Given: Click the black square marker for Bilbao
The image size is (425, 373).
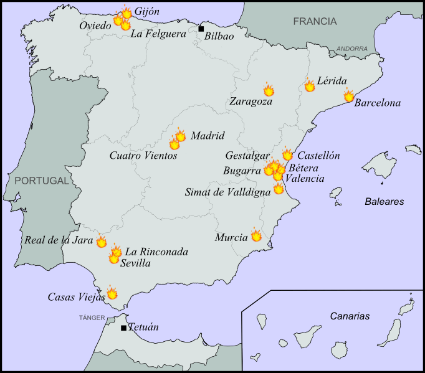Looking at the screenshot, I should (201, 29).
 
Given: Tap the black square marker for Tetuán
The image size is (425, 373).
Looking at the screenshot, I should (124, 328).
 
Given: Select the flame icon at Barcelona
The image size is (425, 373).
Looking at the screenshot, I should (349, 95).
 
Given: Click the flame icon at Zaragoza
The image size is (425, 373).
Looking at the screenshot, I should (269, 90).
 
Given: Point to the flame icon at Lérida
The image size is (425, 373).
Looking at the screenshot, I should (310, 85).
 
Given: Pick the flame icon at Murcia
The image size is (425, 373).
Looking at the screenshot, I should (256, 235).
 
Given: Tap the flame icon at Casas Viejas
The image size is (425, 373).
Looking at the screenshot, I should (112, 292).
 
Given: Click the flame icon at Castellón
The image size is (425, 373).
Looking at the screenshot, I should (287, 154).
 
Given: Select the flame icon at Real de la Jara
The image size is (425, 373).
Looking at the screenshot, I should (101, 242).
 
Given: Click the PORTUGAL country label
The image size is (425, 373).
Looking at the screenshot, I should (41, 181).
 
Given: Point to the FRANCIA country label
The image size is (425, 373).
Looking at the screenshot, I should (315, 21).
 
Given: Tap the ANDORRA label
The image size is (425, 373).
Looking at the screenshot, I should (351, 49).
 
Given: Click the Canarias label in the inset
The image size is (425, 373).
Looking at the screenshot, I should (350, 316).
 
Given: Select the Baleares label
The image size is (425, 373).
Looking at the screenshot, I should (384, 202).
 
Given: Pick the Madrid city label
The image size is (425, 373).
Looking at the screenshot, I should (207, 136).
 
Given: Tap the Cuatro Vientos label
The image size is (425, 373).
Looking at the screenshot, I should (143, 156).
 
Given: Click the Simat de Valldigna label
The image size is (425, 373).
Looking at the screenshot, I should (228, 192).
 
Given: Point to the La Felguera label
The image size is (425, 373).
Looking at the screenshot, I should (158, 34).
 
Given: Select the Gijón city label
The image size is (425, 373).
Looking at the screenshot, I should (147, 12).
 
